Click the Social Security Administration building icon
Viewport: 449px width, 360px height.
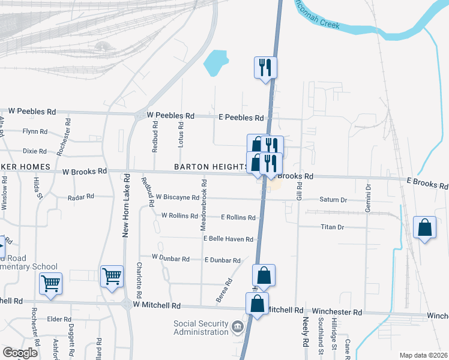pos(238,328)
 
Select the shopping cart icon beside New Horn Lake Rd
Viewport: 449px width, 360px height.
pos(112,277)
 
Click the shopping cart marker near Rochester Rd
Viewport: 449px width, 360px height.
pos(50,283)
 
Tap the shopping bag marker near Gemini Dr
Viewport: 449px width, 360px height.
pos(424,228)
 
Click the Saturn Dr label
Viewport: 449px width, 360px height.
pos(333,200)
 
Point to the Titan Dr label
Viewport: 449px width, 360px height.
pos(332,227)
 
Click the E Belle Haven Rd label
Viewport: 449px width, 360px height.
pos(228,239)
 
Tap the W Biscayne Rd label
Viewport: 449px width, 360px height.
pos(177,197)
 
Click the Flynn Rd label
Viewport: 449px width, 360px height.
pos(35,131)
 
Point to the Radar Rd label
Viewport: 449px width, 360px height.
pos(81,196)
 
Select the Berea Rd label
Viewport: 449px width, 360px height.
pos(224,290)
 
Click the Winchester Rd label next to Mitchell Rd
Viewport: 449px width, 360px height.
pos(337,313)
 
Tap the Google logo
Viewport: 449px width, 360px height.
pos(20,353)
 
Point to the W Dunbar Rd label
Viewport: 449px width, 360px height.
pos(170,258)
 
